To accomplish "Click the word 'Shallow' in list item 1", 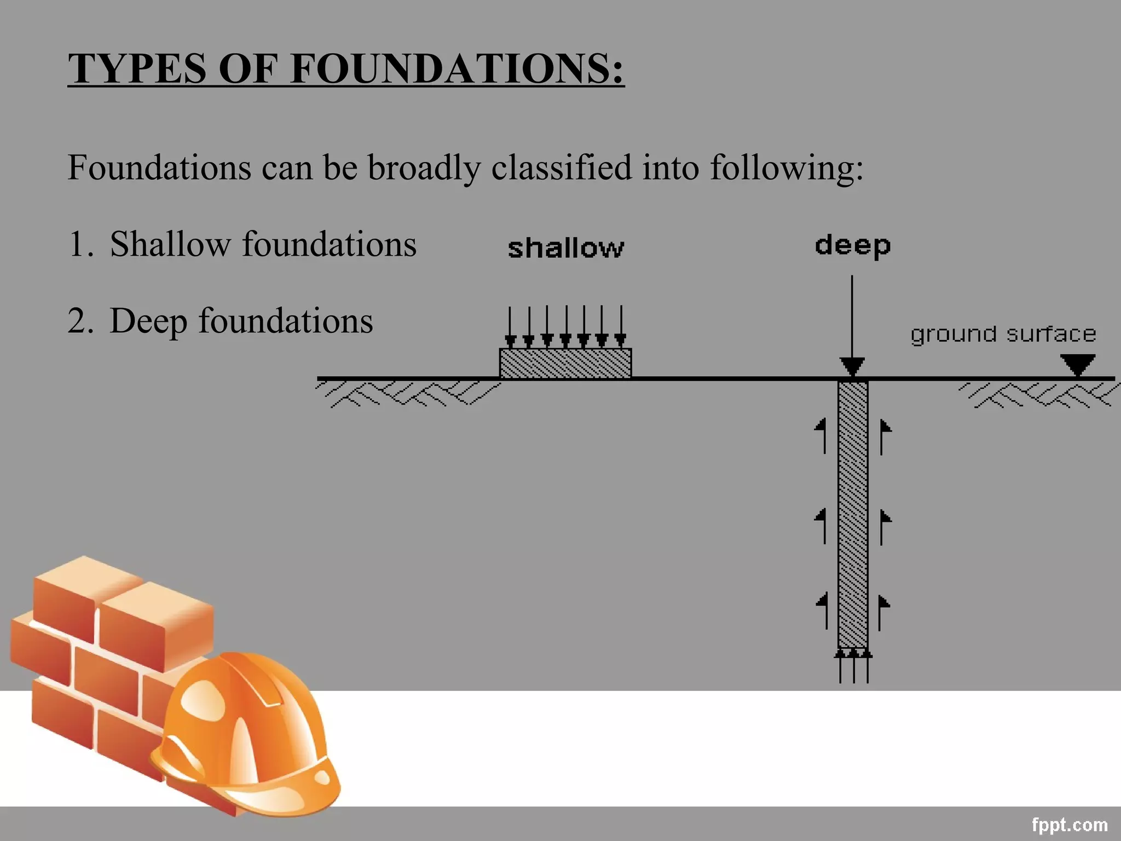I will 170,244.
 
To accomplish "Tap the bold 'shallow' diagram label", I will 565,249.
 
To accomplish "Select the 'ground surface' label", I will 1003,334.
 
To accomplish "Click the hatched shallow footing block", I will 565,363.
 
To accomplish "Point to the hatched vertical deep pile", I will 852,515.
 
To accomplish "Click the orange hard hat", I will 246,734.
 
